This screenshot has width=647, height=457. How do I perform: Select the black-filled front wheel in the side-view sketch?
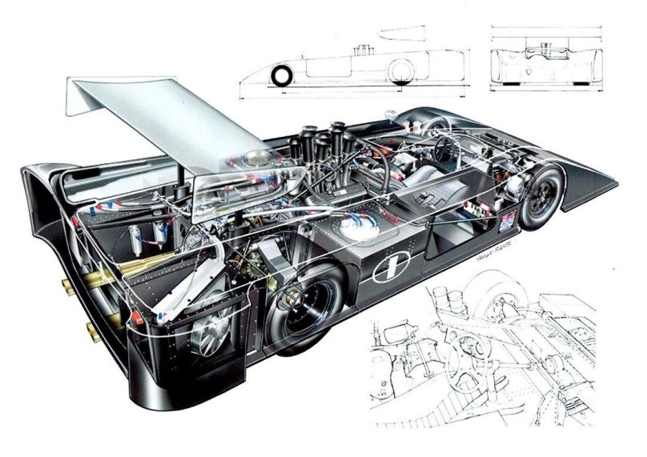click(x=283, y=77)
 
